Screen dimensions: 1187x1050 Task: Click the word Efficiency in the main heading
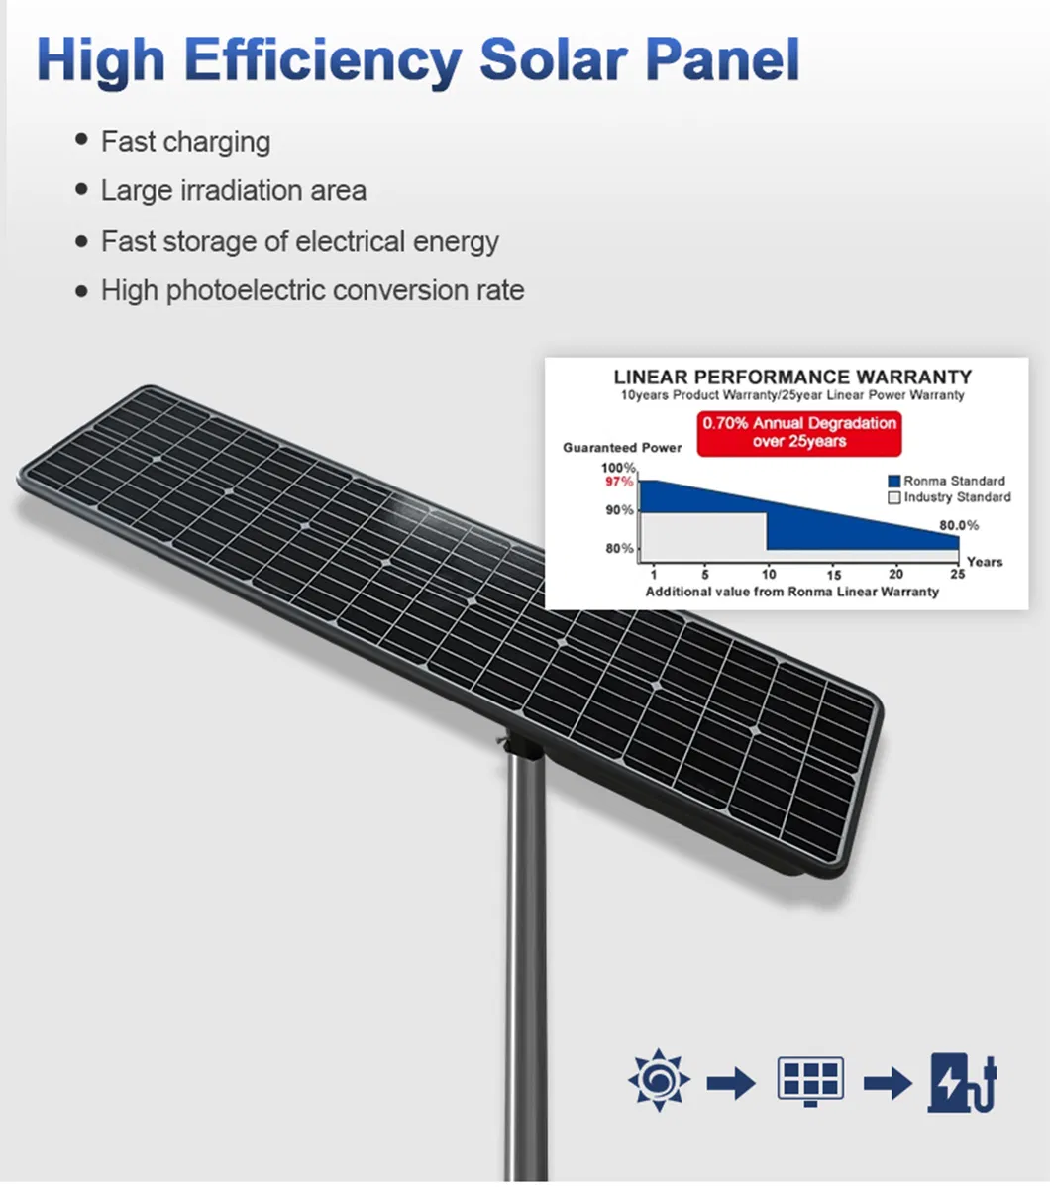323,60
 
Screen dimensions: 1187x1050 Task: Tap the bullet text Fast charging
185,141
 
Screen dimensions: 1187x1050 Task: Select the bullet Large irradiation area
233,190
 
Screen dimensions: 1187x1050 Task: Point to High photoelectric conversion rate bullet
312,290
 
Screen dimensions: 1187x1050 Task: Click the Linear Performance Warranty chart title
792,377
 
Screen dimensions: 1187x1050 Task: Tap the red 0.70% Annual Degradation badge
799,432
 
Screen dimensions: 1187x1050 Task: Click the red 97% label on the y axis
618,482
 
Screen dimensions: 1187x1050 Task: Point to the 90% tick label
620,510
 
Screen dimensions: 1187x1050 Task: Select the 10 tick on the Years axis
770,574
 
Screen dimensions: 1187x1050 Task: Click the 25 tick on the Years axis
957,574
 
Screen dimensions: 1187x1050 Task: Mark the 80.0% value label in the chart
959,525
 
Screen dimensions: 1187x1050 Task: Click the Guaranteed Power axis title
622,448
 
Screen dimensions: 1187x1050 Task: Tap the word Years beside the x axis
985,562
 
